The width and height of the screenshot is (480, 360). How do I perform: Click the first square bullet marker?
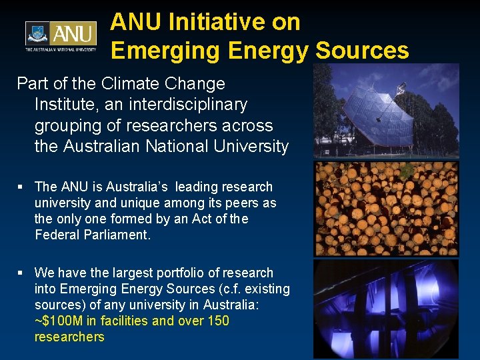(x=21, y=187)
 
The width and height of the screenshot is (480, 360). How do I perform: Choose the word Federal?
(x=55, y=235)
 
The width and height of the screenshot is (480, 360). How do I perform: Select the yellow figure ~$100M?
(x=59, y=321)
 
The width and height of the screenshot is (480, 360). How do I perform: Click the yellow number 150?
(x=219, y=321)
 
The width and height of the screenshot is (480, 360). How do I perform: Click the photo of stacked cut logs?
(x=386, y=209)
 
